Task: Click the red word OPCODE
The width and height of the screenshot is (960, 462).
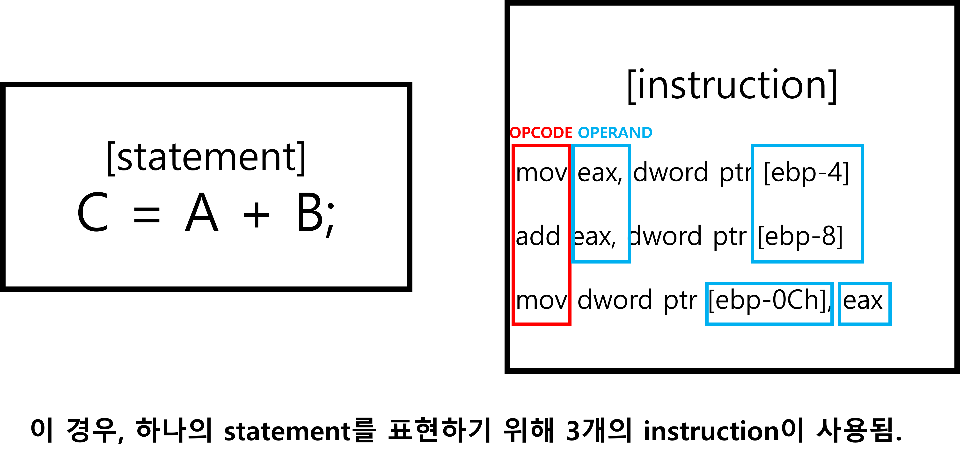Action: click(541, 133)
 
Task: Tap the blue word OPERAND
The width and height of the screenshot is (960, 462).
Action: click(615, 133)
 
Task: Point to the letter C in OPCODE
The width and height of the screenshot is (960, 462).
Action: click(537, 133)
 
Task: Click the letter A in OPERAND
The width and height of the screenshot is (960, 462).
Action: click(624, 133)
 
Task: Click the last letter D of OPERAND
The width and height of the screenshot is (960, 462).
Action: click(647, 133)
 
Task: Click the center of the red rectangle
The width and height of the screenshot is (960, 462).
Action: click(542, 235)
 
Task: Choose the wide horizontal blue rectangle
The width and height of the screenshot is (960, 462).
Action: click(769, 304)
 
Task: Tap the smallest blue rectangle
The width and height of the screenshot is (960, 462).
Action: click(865, 304)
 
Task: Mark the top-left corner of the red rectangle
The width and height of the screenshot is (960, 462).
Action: click(513, 145)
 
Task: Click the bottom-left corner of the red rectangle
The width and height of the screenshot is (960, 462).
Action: click(513, 324)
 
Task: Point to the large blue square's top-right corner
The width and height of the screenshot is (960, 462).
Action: click(863, 145)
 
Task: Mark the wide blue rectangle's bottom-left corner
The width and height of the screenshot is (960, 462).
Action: click(707, 324)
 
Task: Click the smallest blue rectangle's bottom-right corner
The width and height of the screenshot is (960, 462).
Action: click(890, 324)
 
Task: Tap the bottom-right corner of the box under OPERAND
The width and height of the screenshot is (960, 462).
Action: click(630, 262)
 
